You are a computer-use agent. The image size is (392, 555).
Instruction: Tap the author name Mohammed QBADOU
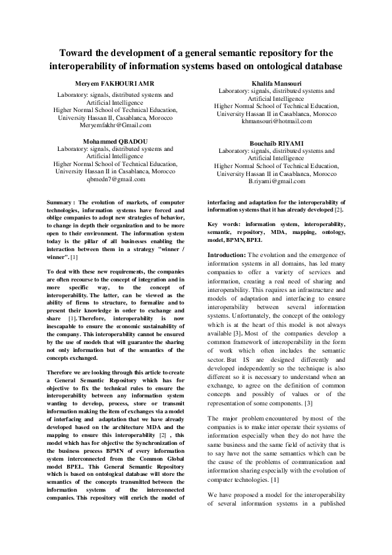(115, 141)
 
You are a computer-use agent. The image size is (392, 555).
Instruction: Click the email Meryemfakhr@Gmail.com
(115, 125)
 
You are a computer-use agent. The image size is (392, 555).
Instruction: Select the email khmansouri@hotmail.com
(276, 121)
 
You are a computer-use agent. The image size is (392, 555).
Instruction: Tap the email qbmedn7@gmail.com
(115, 179)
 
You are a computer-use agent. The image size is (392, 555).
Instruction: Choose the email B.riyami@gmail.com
(277, 181)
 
